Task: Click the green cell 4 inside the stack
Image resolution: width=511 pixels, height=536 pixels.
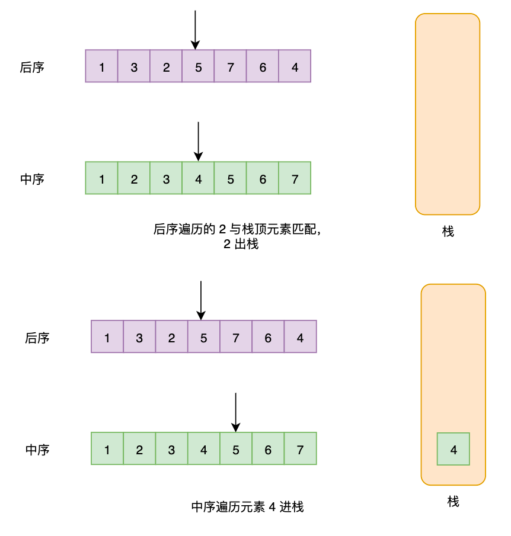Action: [453, 449]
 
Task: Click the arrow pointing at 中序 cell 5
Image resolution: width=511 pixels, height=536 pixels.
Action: [236, 412]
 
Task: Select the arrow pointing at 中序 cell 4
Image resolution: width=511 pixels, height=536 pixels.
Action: [199, 141]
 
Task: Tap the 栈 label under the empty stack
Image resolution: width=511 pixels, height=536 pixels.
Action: [448, 232]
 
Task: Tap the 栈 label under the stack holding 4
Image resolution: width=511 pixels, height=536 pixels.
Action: [453, 502]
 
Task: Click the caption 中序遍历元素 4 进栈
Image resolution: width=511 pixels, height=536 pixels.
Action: [248, 507]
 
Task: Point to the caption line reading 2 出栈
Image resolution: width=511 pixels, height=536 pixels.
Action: [241, 244]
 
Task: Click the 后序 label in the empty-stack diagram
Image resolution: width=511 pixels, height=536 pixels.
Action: [32, 67]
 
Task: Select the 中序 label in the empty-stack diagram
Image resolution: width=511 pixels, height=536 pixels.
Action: [32, 179]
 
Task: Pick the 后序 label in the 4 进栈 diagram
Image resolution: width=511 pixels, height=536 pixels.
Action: [37, 338]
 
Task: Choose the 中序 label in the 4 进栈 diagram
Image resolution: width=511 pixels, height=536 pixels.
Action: [37, 450]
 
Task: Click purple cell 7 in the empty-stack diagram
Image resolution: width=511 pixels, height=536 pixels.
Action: [231, 66]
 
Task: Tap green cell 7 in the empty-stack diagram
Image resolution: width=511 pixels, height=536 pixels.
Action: [295, 178]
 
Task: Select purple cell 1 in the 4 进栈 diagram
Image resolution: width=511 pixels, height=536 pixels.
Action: [107, 337]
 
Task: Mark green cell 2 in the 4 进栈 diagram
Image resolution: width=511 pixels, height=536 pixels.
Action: [139, 449]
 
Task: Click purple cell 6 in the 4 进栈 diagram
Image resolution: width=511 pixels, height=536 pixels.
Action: [268, 337]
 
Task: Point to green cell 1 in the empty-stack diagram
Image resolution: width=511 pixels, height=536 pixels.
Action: [102, 178]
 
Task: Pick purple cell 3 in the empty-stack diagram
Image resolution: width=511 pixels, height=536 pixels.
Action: [134, 66]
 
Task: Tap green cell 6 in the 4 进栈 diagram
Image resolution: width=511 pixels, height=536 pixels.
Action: [268, 449]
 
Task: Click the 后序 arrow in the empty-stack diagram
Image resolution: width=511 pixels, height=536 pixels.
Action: [195, 30]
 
